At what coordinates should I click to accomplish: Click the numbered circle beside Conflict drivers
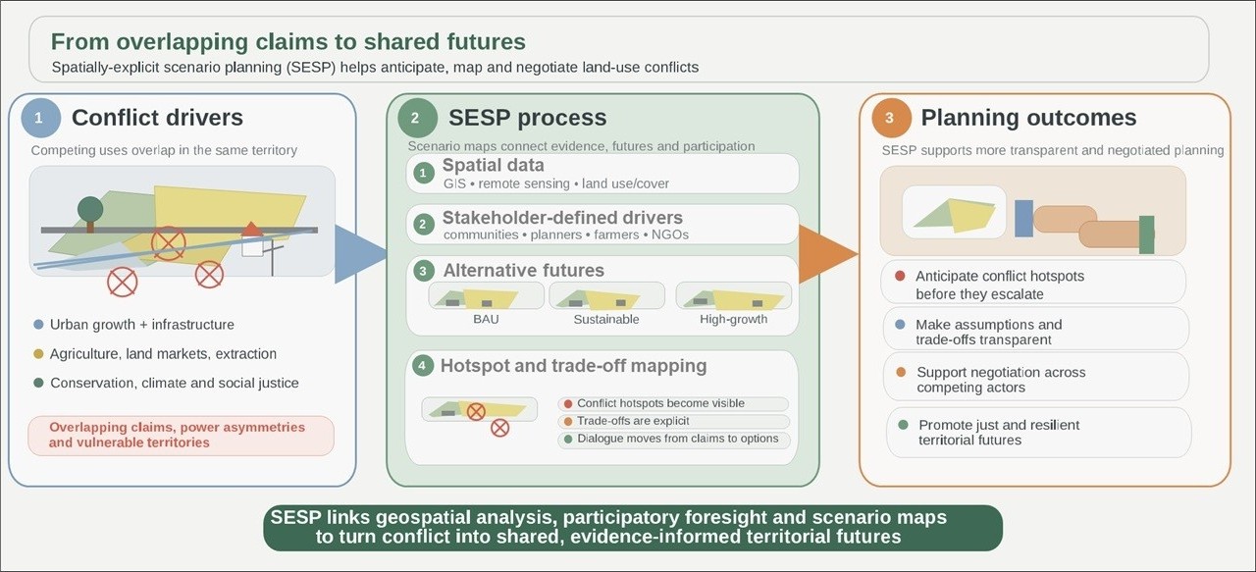point(39,119)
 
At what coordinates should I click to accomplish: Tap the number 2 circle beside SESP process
point(416,119)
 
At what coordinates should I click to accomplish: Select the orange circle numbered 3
point(890,119)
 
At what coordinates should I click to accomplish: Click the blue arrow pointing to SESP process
point(359,253)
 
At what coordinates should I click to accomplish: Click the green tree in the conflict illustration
point(90,209)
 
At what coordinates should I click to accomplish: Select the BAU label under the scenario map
point(479,319)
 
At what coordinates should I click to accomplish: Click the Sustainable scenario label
point(606,319)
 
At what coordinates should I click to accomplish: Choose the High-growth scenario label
point(733,319)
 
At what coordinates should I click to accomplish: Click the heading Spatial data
point(493,165)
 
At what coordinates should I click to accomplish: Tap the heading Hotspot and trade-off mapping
point(573,366)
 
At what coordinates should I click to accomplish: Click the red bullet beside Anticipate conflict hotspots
point(900,276)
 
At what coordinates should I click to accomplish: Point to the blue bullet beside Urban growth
point(38,324)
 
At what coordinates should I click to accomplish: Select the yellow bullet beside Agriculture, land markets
point(38,353)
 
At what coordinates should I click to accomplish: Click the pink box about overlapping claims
point(181,435)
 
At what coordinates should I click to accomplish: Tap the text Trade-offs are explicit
point(633,421)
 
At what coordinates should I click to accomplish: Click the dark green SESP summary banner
point(632,527)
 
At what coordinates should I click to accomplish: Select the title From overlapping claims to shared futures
point(288,41)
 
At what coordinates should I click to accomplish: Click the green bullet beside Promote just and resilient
point(903,425)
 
